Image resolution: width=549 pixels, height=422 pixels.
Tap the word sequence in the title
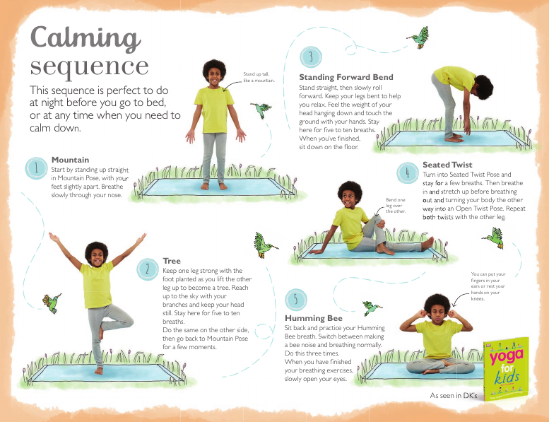[89, 66]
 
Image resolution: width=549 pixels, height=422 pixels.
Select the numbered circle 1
[35, 168]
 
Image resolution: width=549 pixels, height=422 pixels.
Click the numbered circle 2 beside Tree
[147, 269]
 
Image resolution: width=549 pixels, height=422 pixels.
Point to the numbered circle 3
[311, 57]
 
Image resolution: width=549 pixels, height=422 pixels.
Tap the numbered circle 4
[407, 172]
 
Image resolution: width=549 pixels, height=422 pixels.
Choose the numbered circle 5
[296, 300]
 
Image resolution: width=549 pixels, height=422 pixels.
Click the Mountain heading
[70, 160]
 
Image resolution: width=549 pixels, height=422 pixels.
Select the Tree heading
[172, 261]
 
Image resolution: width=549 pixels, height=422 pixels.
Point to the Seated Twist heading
[447, 165]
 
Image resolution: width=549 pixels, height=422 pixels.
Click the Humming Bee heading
[313, 319]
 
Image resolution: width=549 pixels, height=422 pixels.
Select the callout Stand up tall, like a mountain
[258, 77]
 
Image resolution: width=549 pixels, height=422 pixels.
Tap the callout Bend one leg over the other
[396, 206]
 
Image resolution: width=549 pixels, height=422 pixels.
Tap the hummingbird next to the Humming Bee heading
[372, 307]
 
